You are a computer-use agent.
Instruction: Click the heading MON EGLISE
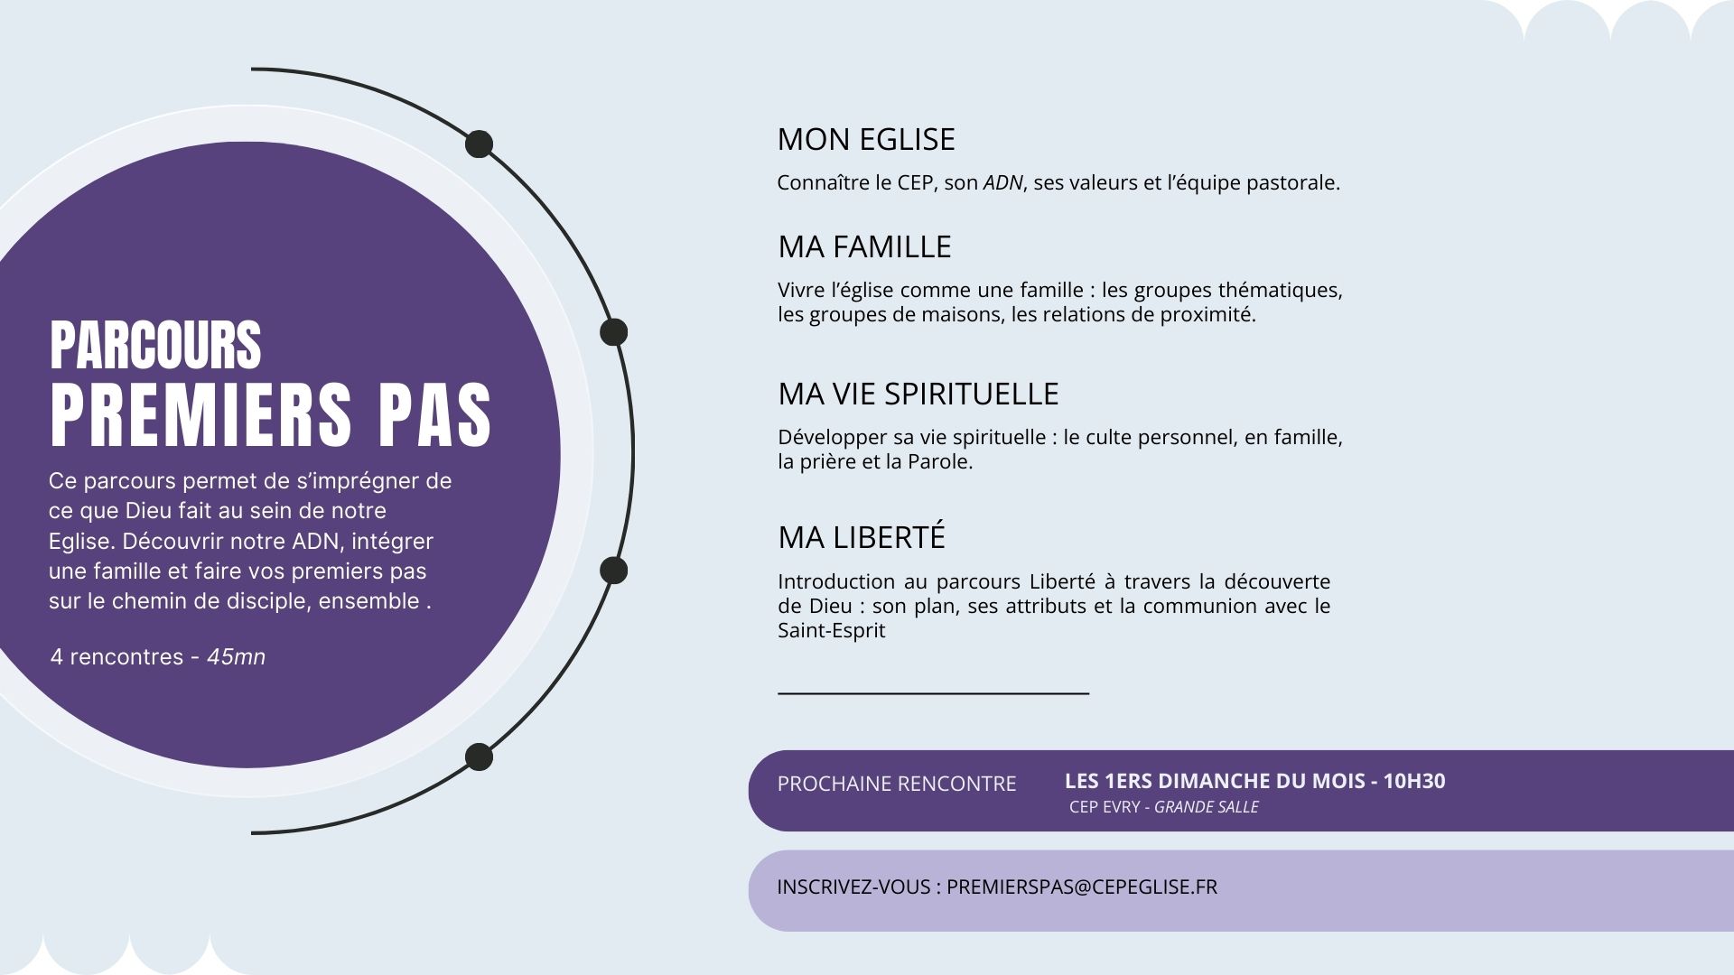pyautogui.click(x=866, y=139)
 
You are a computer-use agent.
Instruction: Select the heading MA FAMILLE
pyautogui.click(x=864, y=246)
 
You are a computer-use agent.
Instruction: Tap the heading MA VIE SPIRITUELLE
pyautogui.click(x=918, y=394)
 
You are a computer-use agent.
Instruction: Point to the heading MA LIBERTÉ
pyautogui.click(x=862, y=536)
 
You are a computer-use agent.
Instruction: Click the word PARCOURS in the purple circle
pyautogui.click(x=155, y=345)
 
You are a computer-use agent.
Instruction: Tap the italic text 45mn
pyautogui.click(x=237, y=657)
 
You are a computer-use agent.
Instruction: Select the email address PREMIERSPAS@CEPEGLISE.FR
pyautogui.click(x=1082, y=887)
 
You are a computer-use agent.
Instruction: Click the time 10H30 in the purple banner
pyautogui.click(x=1414, y=781)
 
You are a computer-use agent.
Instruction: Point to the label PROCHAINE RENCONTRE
pyautogui.click(x=897, y=784)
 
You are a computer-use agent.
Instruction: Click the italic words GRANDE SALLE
pyautogui.click(x=1207, y=807)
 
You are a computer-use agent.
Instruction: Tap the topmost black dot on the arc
pyautogui.click(x=479, y=144)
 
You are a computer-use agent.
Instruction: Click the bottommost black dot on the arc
pyautogui.click(x=479, y=757)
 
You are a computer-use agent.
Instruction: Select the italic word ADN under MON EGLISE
pyautogui.click(x=1002, y=183)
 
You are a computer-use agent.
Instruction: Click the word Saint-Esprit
pyautogui.click(x=832, y=631)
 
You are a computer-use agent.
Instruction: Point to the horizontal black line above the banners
pyautogui.click(x=934, y=693)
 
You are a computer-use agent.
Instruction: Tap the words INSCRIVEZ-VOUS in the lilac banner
pyautogui.click(x=853, y=887)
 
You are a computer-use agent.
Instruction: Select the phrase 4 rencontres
pyautogui.click(x=117, y=657)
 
